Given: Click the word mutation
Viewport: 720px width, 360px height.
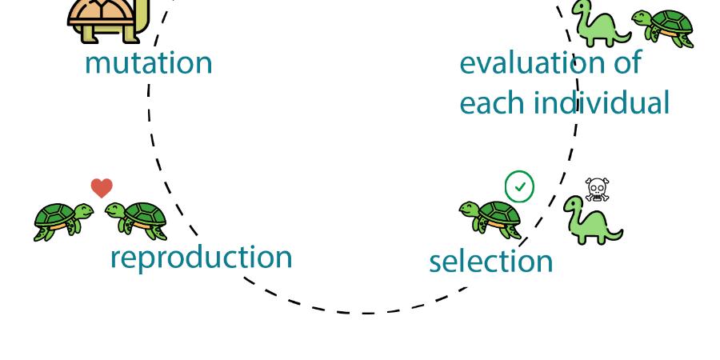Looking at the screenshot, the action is pyautogui.click(x=148, y=63).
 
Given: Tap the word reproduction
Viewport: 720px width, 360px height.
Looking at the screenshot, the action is pyautogui.click(x=201, y=257).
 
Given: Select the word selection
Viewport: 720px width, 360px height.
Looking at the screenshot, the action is pyautogui.click(x=491, y=262).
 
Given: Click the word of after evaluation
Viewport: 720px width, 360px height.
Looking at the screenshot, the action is pyautogui.click(x=626, y=62).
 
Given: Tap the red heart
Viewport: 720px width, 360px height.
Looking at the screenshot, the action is pyautogui.click(x=102, y=188).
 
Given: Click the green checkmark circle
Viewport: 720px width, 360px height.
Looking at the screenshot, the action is pyautogui.click(x=520, y=186).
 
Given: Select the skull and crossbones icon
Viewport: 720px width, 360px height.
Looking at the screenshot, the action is pyautogui.click(x=597, y=189).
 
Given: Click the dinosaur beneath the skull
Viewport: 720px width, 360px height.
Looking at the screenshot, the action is pyautogui.click(x=592, y=221).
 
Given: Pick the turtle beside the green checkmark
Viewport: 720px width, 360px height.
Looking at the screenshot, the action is pyautogui.click(x=490, y=219).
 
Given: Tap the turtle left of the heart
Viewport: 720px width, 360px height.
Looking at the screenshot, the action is pyautogui.click(x=63, y=222).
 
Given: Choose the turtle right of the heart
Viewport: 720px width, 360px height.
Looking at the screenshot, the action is pyautogui.click(x=136, y=221).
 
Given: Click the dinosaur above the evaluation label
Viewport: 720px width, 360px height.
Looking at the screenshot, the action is pyautogui.click(x=602, y=24).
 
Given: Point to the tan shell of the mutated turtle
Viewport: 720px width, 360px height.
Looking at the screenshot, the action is pyautogui.click(x=102, y=13).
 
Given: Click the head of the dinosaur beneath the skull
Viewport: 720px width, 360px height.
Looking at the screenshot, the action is pyautogui.click(x=574, y=203).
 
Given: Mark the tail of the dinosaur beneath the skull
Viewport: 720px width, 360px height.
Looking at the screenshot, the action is pyautogui.click(x=614, y=234).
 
